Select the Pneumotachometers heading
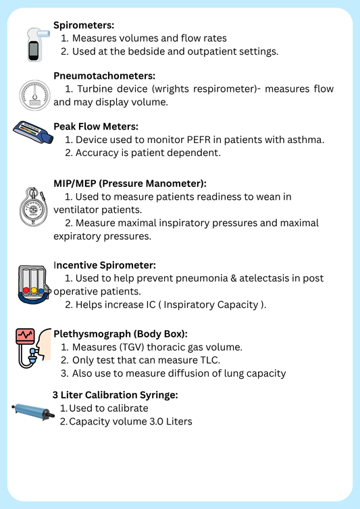(105, 76)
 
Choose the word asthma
(305, 140)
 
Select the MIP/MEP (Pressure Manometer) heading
(130, 183)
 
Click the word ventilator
(76, 209)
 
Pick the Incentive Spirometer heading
(105, 265)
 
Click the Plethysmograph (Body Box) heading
(120, 334)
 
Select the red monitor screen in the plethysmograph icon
(26, 336)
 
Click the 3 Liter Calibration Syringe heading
(115, 395)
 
